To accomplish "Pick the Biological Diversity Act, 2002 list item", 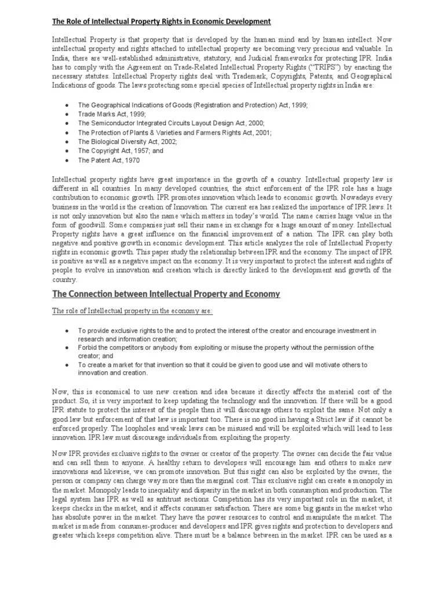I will coord(127,142).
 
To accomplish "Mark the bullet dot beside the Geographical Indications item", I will coord(68,106).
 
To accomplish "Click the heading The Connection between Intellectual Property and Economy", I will coord(166,294).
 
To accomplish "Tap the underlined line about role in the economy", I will coord(132,312).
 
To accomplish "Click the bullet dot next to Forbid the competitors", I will coord(68,347).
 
